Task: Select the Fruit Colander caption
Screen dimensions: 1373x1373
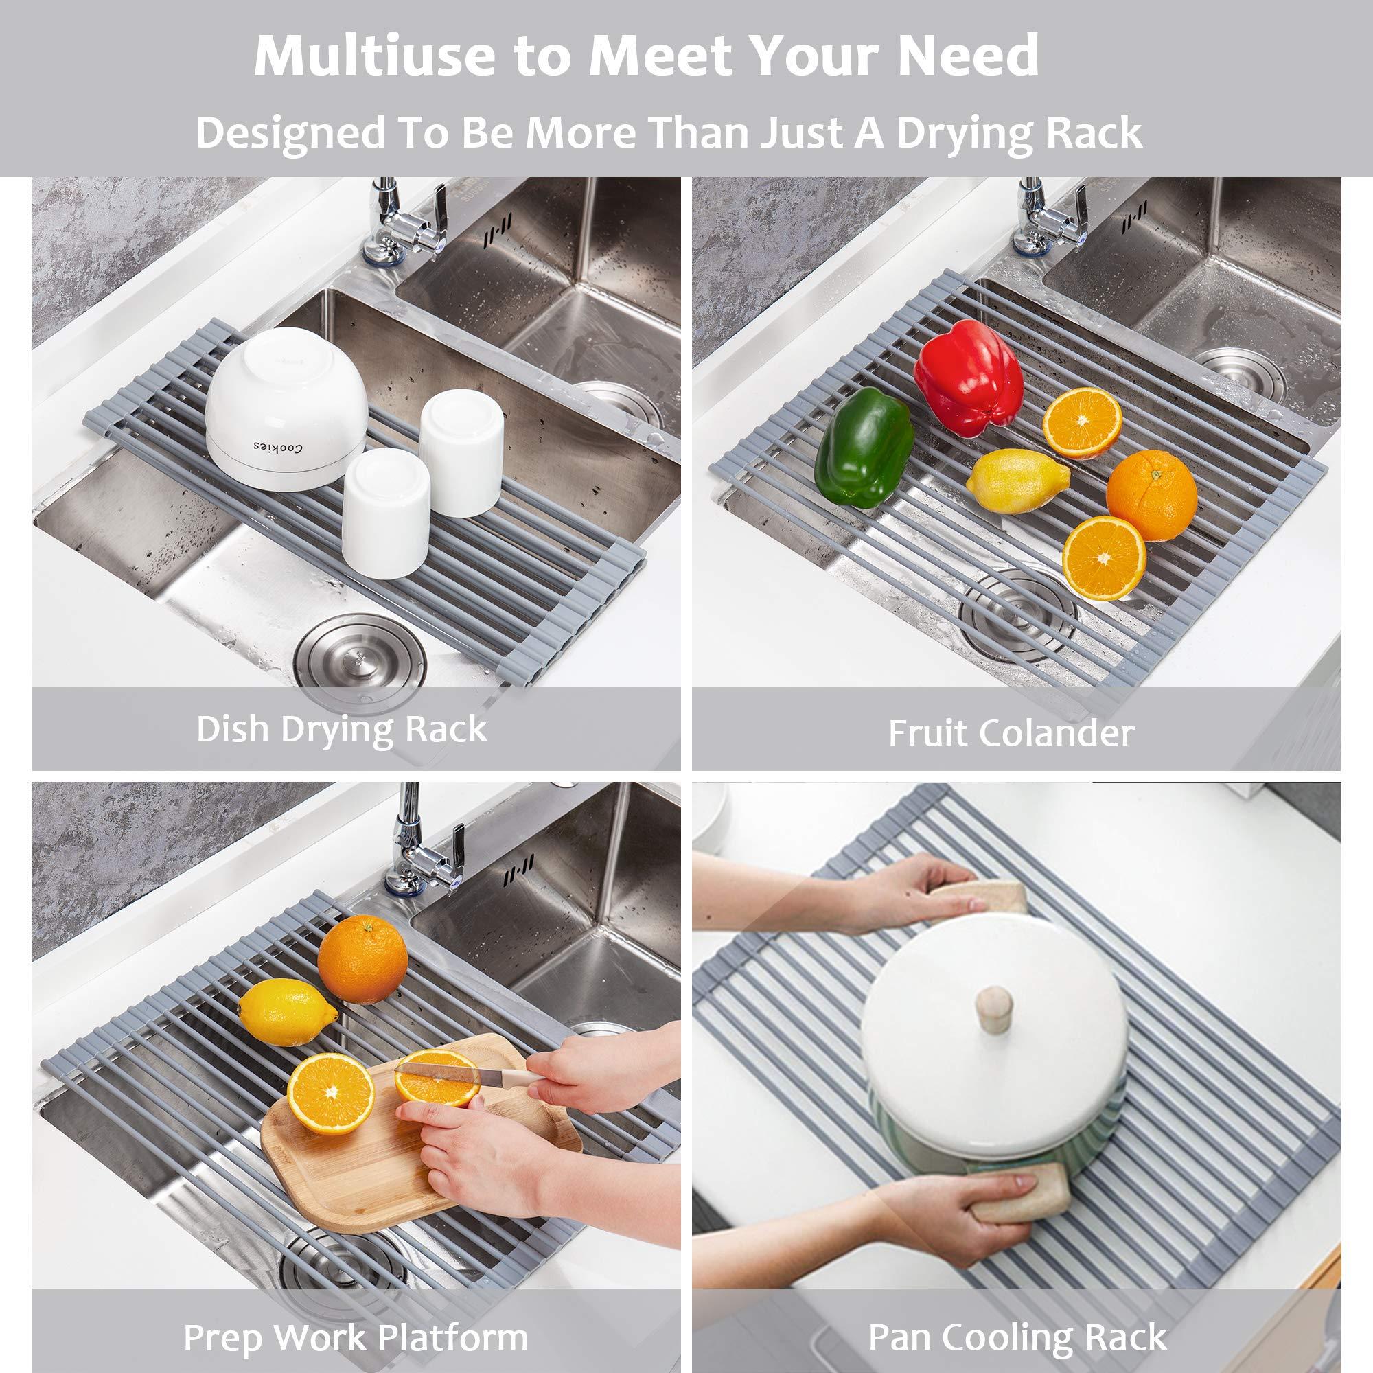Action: tap(1011, 733)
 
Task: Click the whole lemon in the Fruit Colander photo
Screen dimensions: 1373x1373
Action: tap(1016, 481)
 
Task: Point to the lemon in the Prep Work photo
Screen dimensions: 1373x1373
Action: tap(288, 1010)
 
